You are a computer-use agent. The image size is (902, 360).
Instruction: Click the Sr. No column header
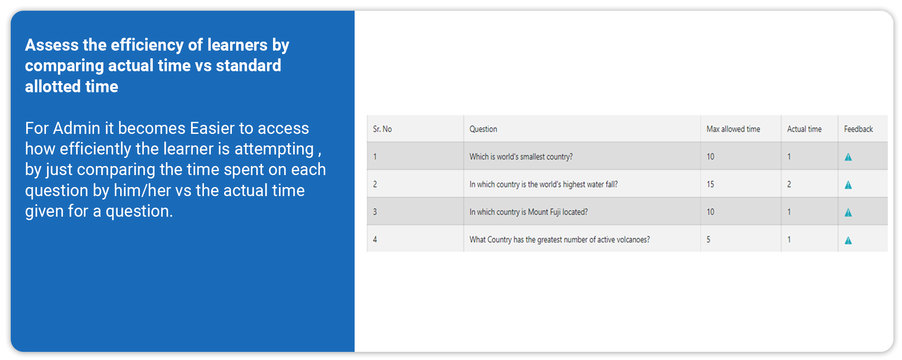(382, 129)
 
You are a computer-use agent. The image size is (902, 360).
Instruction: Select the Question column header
(483, 129)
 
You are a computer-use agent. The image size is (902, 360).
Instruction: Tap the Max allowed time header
(733, 129)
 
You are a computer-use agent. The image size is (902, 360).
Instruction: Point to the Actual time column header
(804, 129)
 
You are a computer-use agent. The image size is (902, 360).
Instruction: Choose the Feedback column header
(858, 129)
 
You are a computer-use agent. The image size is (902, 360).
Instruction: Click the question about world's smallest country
(521, 157)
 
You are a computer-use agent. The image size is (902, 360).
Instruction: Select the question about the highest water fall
(544, 184)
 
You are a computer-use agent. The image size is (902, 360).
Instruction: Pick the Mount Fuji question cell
(528, 212)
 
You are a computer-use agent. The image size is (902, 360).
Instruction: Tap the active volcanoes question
(559, 239)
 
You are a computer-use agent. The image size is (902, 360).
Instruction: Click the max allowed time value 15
(711, 184)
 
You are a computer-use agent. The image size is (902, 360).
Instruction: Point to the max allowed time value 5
(708, 239)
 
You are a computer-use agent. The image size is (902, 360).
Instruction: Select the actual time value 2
(789, 184)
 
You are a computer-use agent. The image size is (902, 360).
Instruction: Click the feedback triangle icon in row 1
(848, 157)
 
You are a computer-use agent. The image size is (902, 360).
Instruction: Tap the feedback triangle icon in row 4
(848, 240)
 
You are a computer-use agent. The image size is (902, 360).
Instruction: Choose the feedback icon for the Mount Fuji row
(848, 212)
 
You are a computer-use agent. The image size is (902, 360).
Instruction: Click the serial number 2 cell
(375, 184)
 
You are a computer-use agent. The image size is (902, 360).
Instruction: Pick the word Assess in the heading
(52, 45)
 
